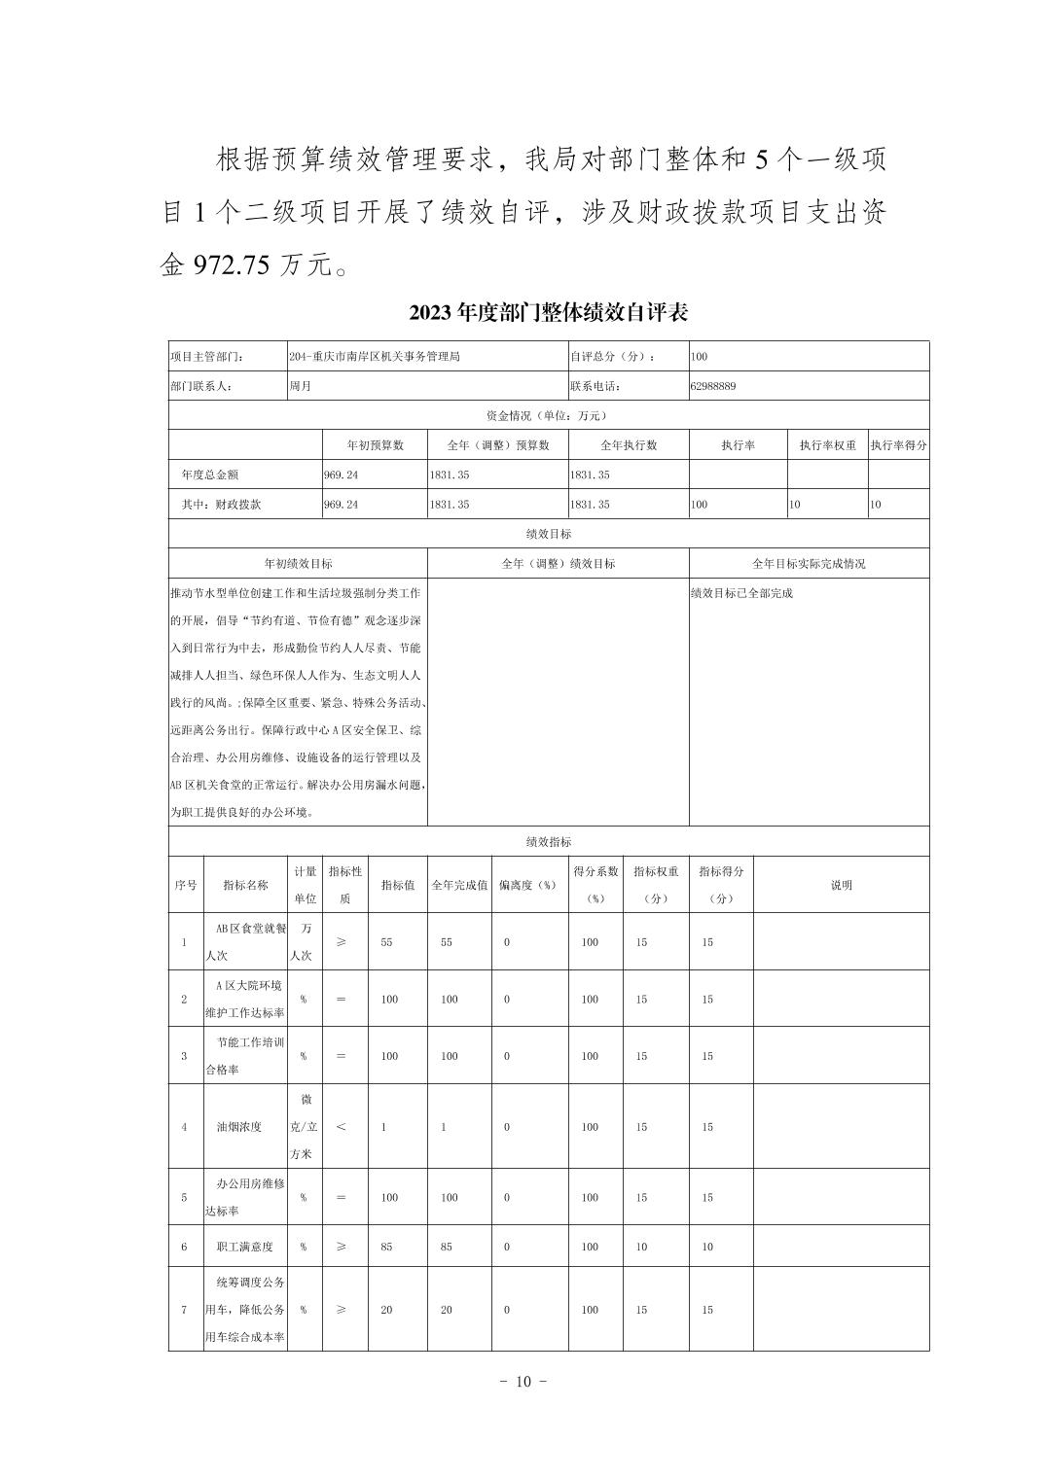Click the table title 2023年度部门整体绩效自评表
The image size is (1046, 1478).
pos(549,312)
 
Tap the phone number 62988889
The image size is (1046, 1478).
pos(713,386)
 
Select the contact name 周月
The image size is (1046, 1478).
pos(300,386)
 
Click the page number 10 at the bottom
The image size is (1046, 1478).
pos(523,1382)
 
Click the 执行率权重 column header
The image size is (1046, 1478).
pos(827,445)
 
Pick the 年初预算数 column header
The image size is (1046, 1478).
pos(375,445)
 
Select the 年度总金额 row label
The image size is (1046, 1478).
pos(209,475)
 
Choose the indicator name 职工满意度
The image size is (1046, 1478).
pos(244,1247)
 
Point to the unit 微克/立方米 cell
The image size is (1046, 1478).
pos(306,1127)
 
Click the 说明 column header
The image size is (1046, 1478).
pos(841,885)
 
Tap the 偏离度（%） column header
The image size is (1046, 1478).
pos(527,885)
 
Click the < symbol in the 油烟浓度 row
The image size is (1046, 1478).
pos(341,1127)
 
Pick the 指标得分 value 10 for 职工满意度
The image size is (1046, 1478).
pos(707,1247)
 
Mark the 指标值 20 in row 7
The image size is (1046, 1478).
pos(386,1310)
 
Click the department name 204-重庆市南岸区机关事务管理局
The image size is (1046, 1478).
pos(374,357)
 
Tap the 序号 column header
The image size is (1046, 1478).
pos(185,885)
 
